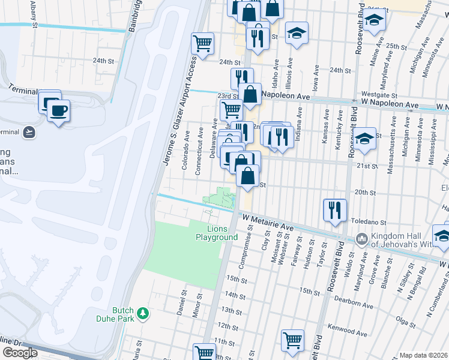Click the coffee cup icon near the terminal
click(x=58, y=111)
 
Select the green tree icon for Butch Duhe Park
click(x=143, y=313)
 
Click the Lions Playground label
click(x=217, y=233)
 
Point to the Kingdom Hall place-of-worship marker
click(x=361, y=238)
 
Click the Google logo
click(x=20, y=353)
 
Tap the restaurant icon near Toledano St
click(x=335, y=210)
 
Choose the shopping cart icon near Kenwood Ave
click(x=292, y=340)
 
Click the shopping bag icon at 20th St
click(x=247, y=176)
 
